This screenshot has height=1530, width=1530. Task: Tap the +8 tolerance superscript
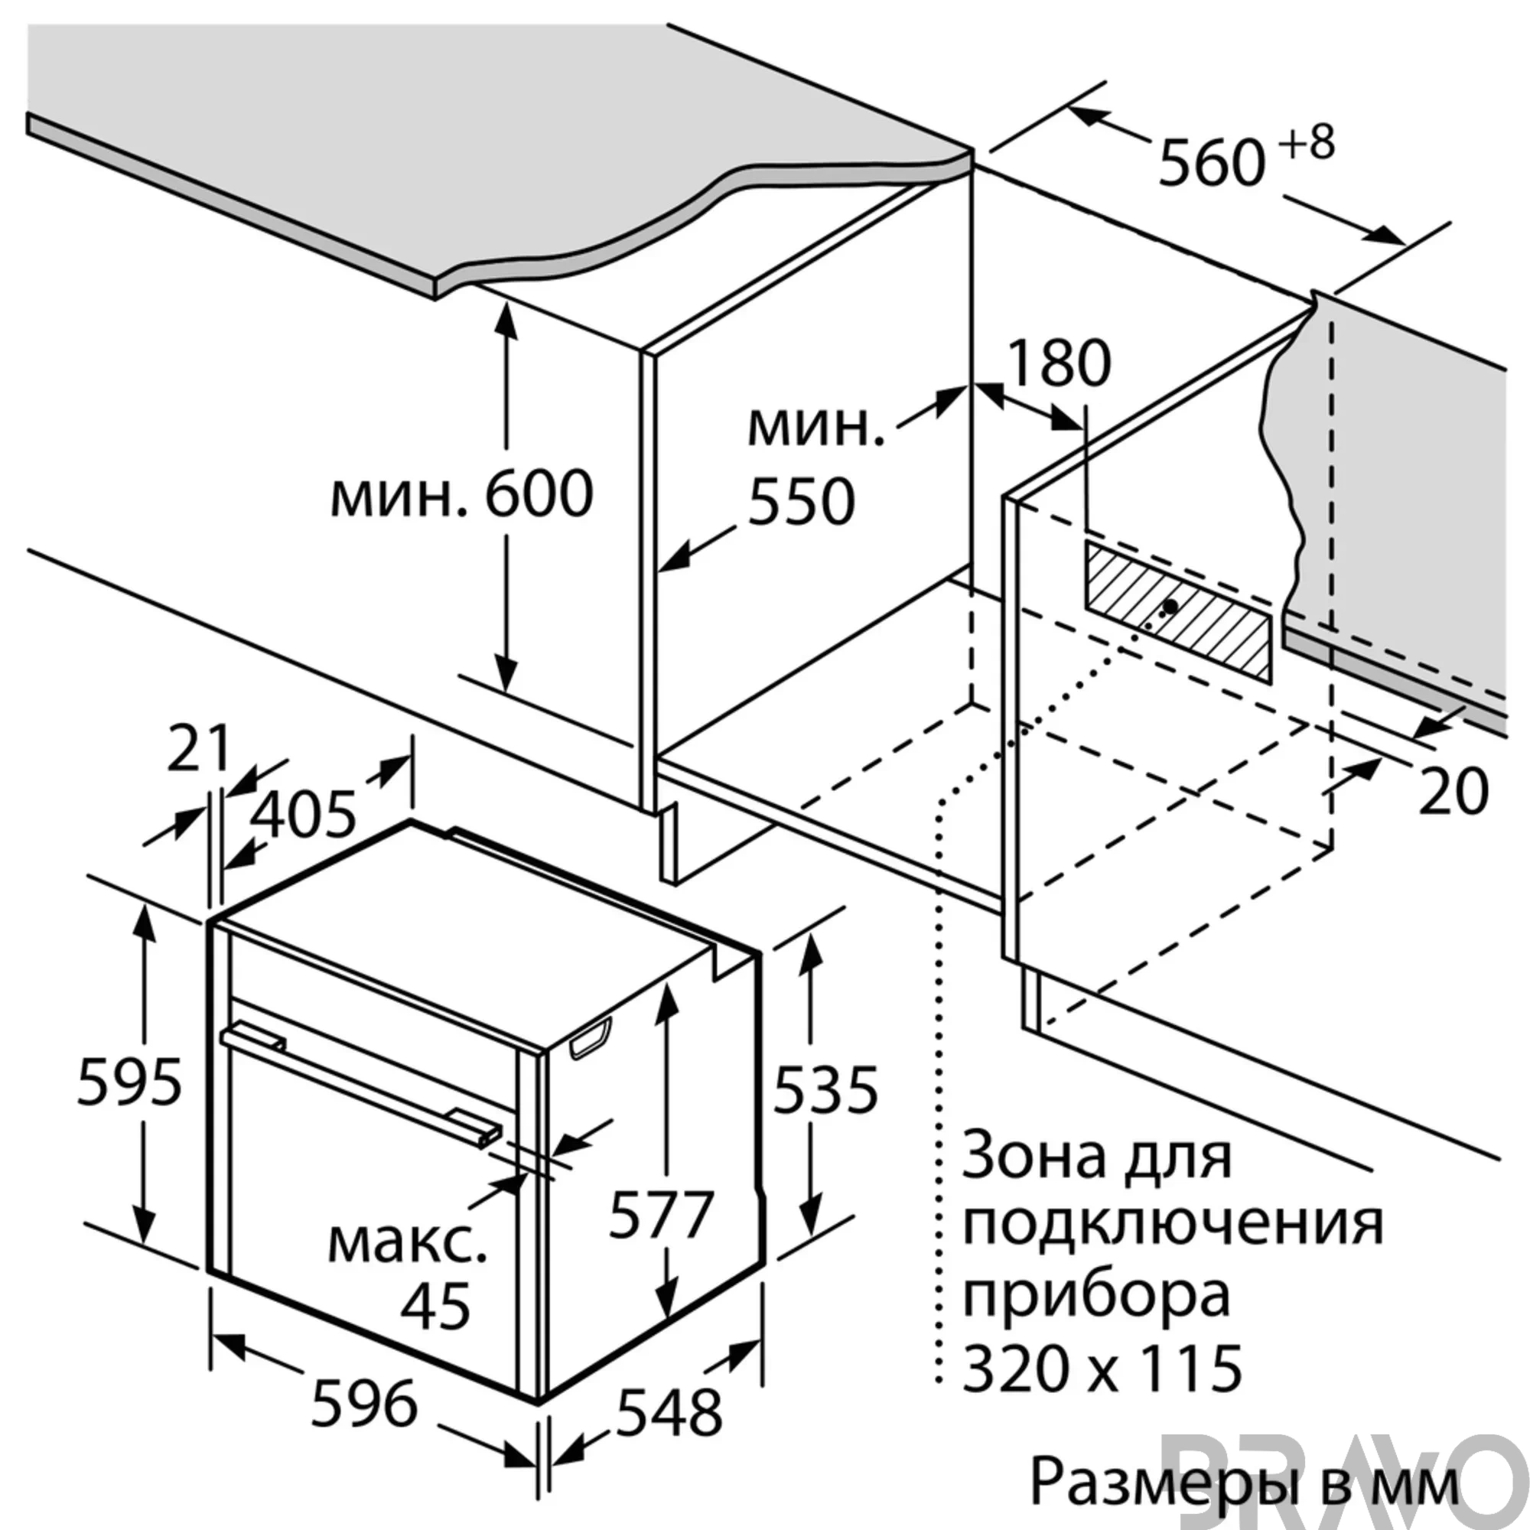(1307, 142)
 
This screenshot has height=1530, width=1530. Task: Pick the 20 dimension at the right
(1453, 791)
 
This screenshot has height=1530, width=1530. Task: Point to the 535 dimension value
(825, 1089)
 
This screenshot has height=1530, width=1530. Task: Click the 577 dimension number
(661, 1214)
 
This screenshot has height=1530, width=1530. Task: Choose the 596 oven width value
(364, 1403)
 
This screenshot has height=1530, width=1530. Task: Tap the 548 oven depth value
(669, 1413)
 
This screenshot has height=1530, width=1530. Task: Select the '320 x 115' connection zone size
(1102, 1367)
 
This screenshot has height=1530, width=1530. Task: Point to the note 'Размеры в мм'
(1244, 1480)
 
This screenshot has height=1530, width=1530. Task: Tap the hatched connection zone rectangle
(1178, 610)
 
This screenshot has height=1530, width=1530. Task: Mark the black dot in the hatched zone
(1170, 606)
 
